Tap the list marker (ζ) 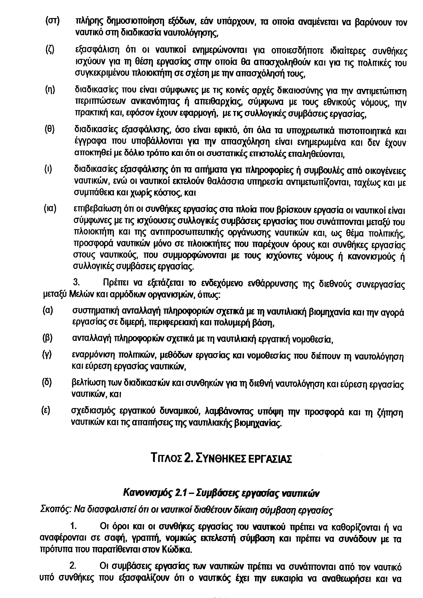50,50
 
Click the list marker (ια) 50,209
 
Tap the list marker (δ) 47,383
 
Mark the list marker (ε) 46,411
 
